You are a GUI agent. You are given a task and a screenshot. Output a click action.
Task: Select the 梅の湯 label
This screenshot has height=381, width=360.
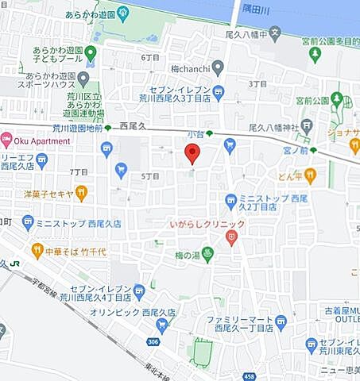(x=185, y=254)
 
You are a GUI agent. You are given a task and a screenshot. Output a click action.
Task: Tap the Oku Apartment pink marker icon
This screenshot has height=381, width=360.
(x=6, y=140)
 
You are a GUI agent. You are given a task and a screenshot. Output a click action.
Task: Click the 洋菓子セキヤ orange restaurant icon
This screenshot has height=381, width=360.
(x=80, y=192)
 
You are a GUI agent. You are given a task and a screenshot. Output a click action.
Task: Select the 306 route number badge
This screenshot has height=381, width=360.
(x=152, y=341)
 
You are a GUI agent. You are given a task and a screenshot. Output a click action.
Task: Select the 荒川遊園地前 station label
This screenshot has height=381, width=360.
(x=67, y=128)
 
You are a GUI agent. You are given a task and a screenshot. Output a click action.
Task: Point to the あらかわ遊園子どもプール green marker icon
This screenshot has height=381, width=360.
(x=91, y=53)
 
